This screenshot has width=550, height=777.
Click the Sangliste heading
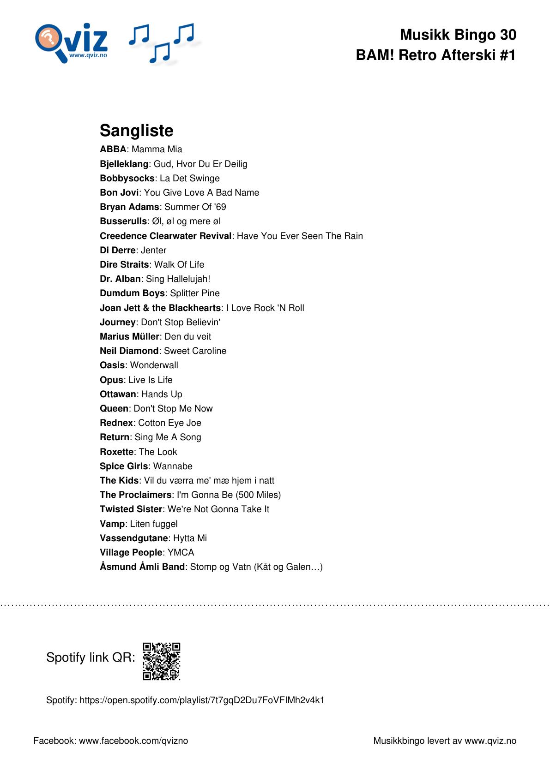(136, 131)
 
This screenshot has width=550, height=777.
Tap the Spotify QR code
(161, 661)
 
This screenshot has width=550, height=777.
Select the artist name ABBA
(113, 149)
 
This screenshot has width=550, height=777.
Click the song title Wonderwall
(154, 365)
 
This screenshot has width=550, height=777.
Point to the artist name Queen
(114, 408)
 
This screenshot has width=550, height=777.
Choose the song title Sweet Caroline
(195, 351)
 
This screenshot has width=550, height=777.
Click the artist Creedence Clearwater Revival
(165, 236)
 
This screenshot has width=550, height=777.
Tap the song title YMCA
(181, 552)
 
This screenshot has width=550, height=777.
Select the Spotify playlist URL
(202, 700)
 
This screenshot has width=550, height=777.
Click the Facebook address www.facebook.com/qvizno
(133, 741)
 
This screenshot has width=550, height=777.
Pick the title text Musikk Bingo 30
(458, 35)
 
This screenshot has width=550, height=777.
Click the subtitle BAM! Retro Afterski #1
(435, 55)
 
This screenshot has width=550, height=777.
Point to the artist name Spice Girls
(124, 466)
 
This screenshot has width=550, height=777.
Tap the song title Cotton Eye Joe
(169, 423)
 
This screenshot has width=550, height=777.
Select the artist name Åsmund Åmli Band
(142, 567)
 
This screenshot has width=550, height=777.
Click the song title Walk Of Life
(179, 264)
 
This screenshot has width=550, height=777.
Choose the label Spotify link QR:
(91, 657)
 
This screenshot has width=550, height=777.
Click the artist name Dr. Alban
(120, 279)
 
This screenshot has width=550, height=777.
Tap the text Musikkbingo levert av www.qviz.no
(444, 741)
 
